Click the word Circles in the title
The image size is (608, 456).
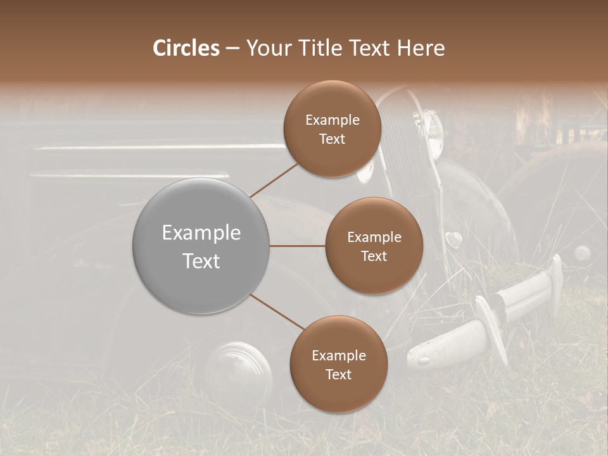tap(186, 48)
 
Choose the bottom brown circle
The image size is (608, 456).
tap(338, 393)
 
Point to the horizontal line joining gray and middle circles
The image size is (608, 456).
tap(298, 246)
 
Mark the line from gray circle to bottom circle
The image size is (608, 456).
tap(276, 312)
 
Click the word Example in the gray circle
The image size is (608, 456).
tap(201, 233)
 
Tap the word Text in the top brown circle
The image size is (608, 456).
tap(332, 139)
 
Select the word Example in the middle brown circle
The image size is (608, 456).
tap(374, 237)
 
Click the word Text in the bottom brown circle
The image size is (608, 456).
tap(338, 374)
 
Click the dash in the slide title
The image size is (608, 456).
tap(232, 49)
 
